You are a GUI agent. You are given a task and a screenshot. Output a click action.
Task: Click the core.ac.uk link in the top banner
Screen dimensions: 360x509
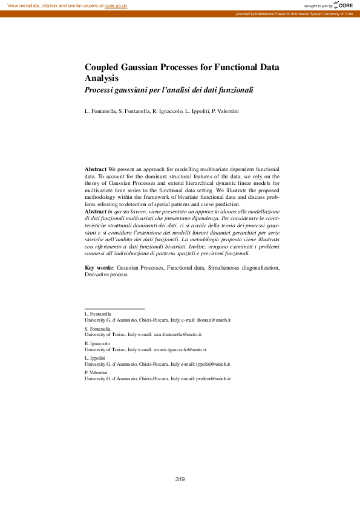[x=116, y=5]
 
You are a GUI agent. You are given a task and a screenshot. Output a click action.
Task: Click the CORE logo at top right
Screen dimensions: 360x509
[x=343, y=5]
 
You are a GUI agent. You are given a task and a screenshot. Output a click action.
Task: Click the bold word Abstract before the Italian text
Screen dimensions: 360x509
[x=96, y=212]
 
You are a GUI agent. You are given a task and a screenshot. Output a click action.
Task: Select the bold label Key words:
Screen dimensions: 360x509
[x=99, y=267]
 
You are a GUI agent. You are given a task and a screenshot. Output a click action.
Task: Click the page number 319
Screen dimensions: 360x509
[x=180, y=479]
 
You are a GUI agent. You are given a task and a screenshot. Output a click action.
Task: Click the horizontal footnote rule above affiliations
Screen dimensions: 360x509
[x=114, y=309]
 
